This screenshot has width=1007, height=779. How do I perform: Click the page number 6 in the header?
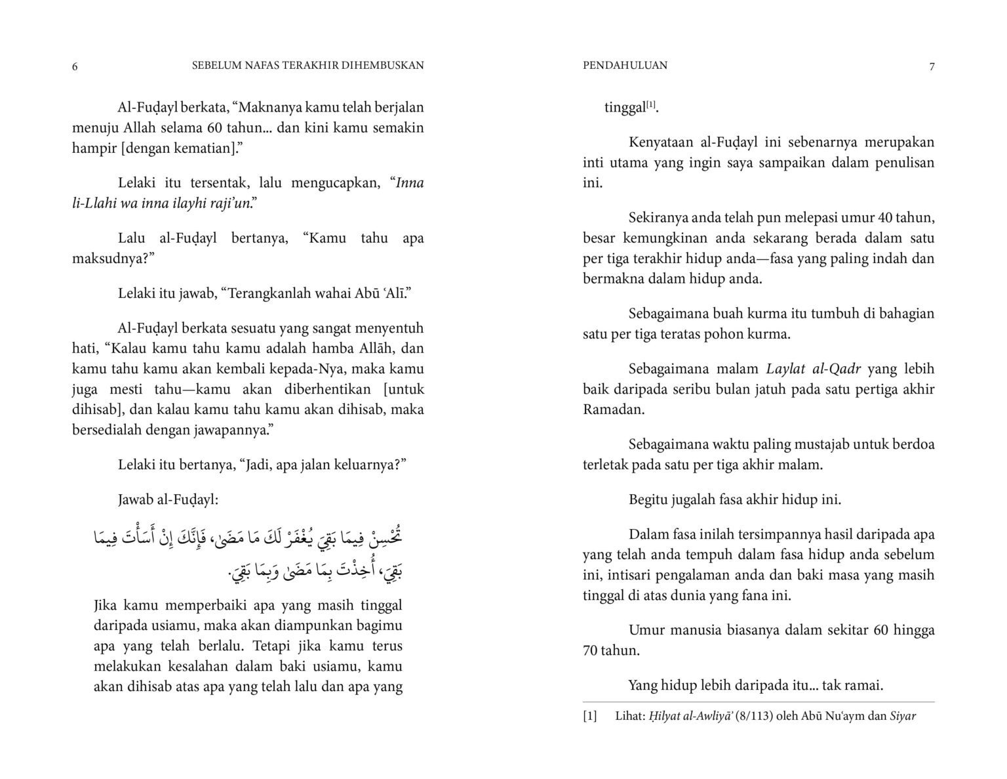tap(75, 66)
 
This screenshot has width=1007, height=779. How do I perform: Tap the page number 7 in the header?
tap(932, 66)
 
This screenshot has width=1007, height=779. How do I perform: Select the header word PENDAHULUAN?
tap(625, 65)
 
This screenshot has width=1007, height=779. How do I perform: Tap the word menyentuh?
tap(393, 328)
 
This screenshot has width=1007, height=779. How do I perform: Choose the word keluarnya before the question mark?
tap(368, 465)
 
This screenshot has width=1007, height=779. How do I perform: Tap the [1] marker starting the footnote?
tap(590, 716)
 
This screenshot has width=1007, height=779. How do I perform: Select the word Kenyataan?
tap(659, 142)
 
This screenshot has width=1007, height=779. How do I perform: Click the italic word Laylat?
tap(781, 369)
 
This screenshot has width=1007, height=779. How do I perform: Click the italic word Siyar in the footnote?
tap(903, 716)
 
